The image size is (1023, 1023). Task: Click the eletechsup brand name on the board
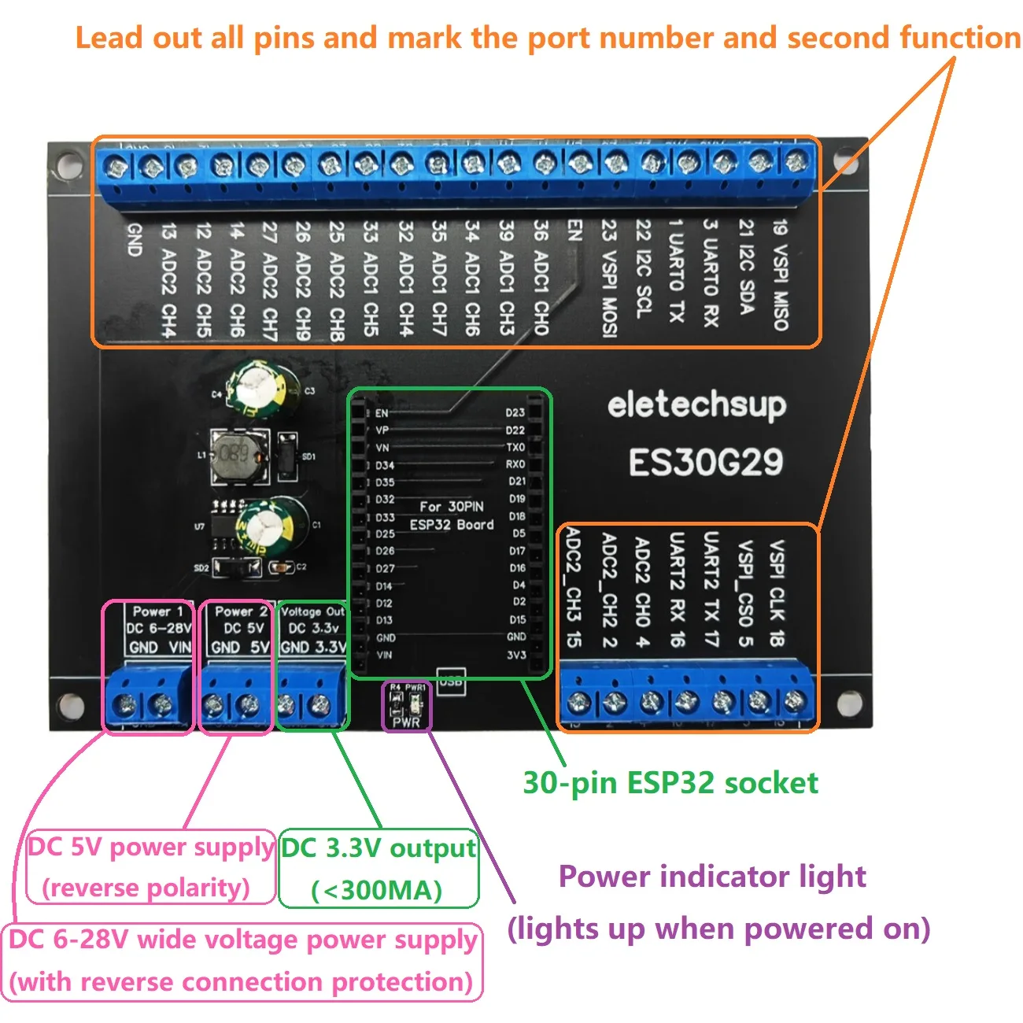696,405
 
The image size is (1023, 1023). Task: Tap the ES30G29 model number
705,462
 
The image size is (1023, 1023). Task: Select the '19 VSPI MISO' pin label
780,275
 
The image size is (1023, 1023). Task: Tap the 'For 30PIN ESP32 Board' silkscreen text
452,515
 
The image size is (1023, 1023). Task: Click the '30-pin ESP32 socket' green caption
670,783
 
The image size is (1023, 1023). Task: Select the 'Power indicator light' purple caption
712,877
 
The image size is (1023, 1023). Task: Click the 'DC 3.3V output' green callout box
379,868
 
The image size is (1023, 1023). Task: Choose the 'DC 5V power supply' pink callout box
150,866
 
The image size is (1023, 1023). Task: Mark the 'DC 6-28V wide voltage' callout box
243,962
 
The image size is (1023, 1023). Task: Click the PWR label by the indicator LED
406,722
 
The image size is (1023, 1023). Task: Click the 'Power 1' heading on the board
157,611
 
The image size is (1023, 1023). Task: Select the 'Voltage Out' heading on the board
312,611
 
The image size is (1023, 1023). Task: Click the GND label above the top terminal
135,239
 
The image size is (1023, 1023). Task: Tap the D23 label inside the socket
515,412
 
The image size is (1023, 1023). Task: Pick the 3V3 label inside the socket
515,655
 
